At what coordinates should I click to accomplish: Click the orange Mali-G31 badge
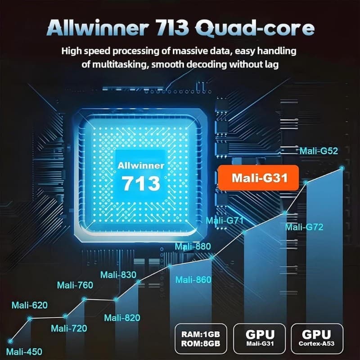258,178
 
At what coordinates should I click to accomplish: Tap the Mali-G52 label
319,151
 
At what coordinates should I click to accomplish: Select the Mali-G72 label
304,227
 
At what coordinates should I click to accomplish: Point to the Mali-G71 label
225,220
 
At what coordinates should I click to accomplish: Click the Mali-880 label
193,246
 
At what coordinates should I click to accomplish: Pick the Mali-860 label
193,279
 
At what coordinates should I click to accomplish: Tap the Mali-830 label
118,274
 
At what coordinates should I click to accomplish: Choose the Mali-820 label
122,318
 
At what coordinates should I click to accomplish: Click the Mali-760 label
75,285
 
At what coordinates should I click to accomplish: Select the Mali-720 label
69,328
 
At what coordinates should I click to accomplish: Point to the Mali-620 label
30,305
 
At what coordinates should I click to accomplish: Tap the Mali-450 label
24,351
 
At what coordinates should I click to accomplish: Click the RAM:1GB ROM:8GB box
201,339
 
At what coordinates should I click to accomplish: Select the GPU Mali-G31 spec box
260,339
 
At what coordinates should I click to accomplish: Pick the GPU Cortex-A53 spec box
317,339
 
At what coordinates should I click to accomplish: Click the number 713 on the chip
141,183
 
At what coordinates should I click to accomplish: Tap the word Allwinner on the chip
141,166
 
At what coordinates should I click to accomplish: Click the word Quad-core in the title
255,28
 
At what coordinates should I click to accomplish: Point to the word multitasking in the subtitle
119,64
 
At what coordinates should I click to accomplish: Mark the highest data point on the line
342,168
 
